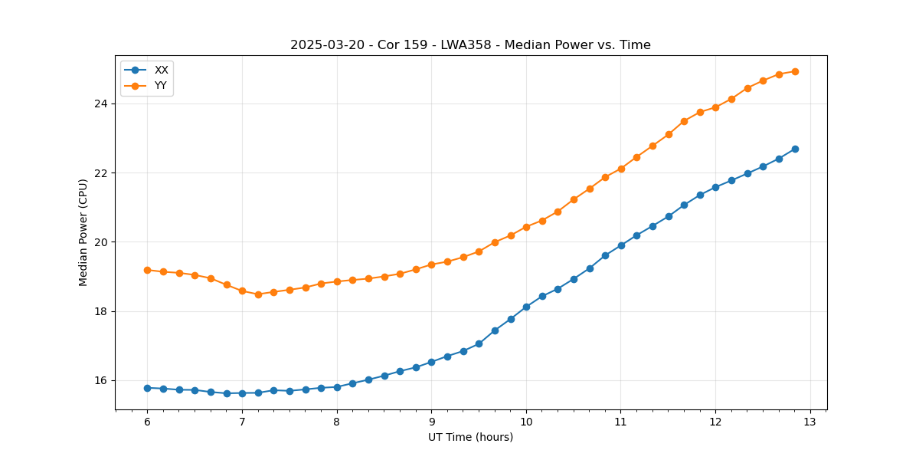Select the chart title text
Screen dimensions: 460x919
(470, 45)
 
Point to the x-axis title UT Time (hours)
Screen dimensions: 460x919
(470, 437)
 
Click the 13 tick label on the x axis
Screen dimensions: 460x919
(810, 422)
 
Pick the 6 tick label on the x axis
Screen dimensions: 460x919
(147, 422)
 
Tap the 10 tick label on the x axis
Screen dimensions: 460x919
(526, 422)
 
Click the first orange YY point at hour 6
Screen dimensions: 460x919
(147, 270)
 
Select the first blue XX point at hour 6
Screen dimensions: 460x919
(147, 388)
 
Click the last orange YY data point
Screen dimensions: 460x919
(795, 71)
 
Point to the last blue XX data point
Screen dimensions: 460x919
(795, 149)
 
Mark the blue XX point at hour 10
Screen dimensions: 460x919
(526, 307)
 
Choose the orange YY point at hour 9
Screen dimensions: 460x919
(431, 264)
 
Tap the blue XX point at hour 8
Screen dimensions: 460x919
(337, 387)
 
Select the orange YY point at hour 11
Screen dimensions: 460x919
(621, 169)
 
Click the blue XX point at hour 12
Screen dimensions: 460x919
(715, 187)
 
